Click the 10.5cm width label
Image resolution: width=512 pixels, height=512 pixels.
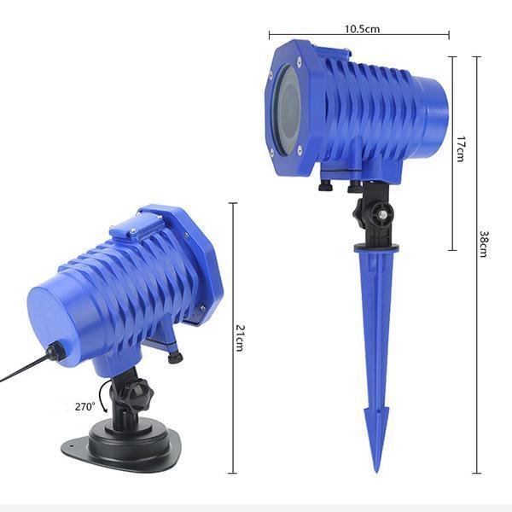(362, 28)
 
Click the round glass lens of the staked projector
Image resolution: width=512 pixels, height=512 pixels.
(288, 113)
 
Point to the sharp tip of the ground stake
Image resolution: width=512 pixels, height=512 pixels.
(375, 469)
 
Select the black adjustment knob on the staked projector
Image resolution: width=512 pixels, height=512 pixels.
(375, 213)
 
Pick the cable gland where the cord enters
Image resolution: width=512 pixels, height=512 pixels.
(56, 351)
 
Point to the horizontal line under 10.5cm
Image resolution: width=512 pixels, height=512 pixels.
(358, 36)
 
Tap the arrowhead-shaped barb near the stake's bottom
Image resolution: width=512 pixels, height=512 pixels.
(375, 422)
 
